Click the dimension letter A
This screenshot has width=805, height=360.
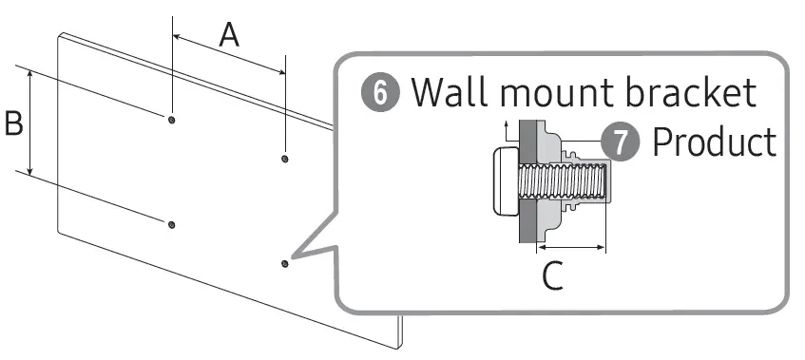click(x=229, y=35)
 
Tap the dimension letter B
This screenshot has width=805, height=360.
click(x=13, y=123)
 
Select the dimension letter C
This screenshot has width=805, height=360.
click(x=552, y=276)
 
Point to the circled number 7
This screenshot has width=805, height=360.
click(x=622, y=142)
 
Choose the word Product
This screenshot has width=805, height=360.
click(x=714, y=142)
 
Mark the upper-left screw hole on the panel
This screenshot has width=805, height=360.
click(x=170, y=120)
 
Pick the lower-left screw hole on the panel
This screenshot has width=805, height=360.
click(x=171, y=225)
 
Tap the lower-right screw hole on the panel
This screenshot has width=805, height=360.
click(x=284, y=262)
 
